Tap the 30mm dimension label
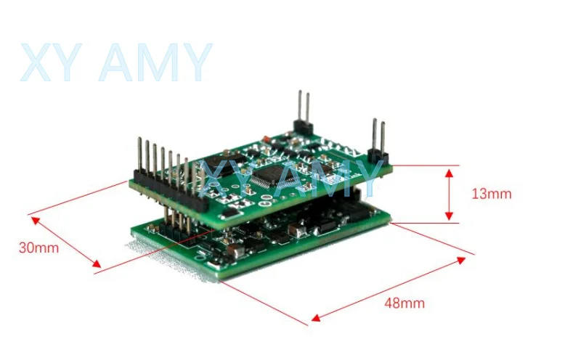pyautogui.click(x=38, y=247)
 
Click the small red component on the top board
pyautogui.click(x=267, y=137)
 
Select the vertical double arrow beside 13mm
pyautogui.click(x=450, y=194)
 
